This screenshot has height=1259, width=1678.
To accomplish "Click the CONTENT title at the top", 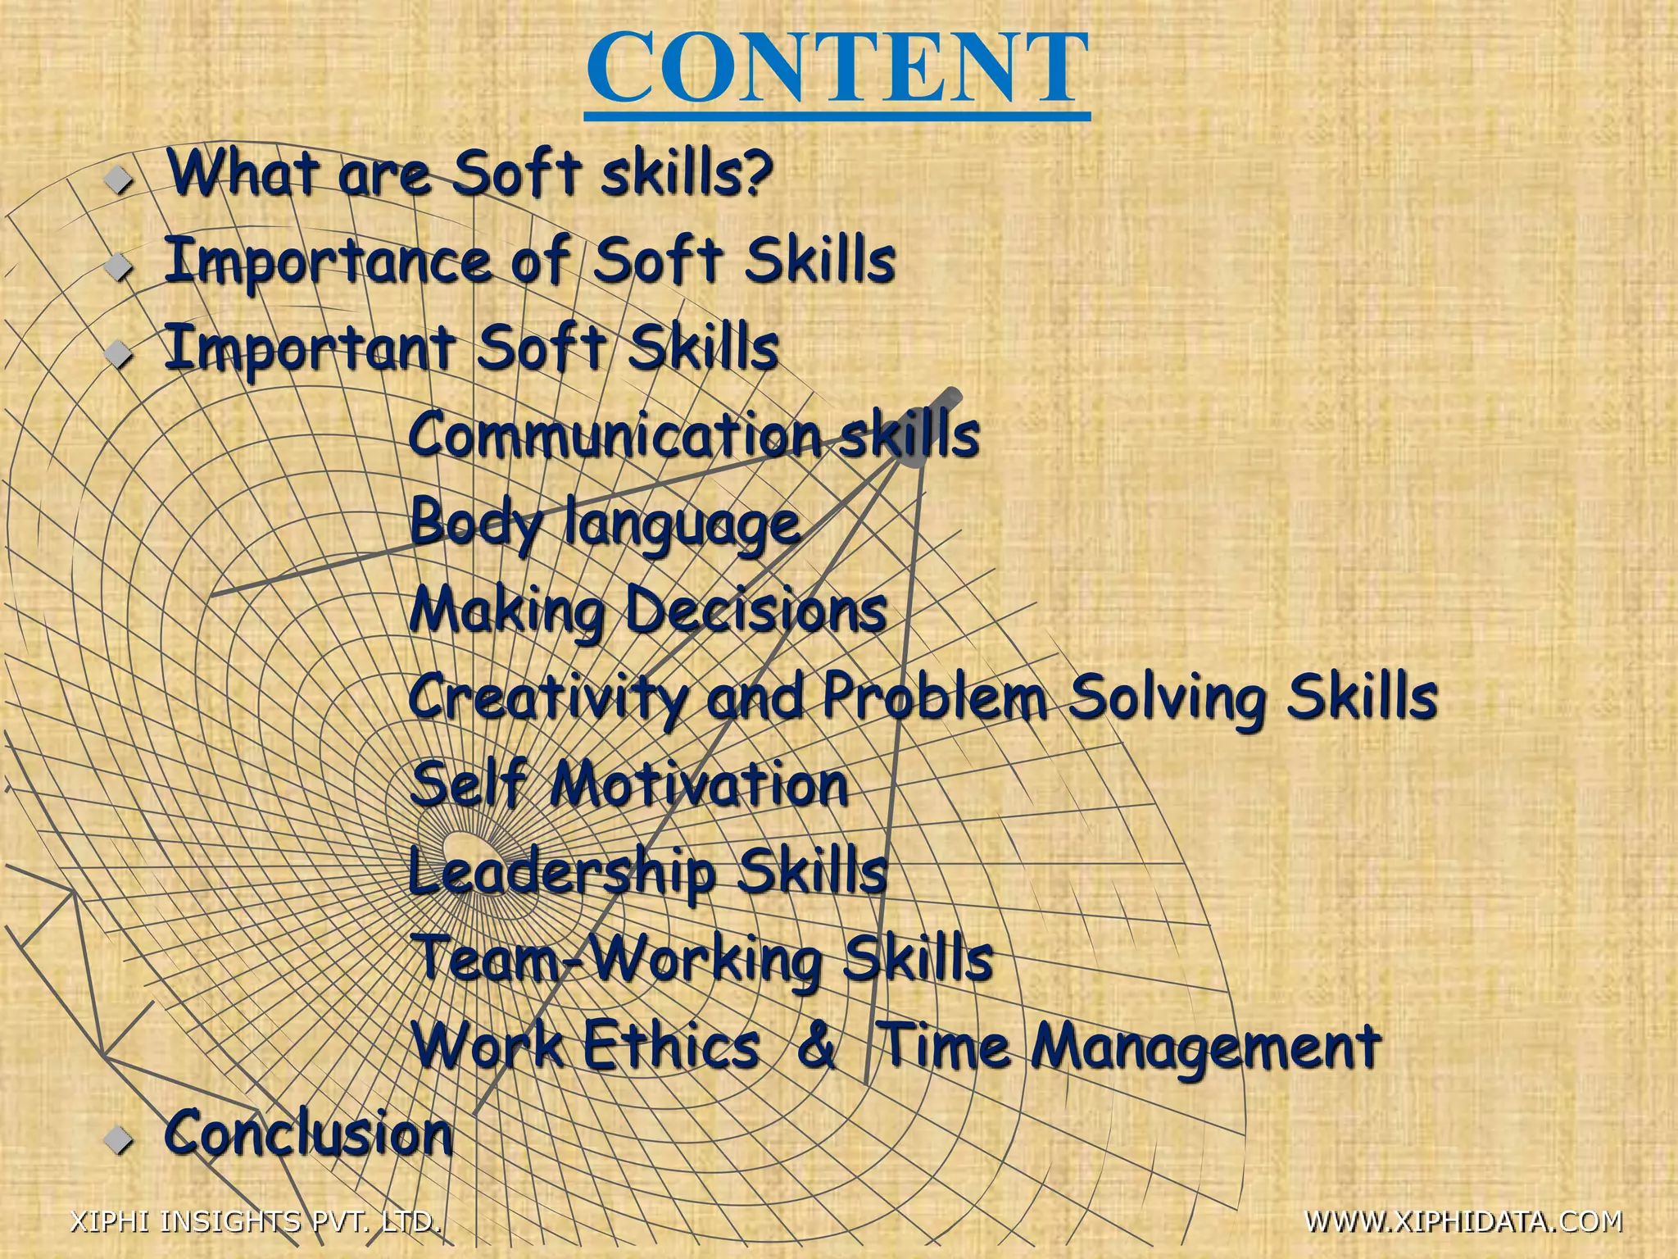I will (x=837, y=69).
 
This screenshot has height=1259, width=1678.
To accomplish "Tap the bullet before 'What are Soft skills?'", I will (x=120, y=177).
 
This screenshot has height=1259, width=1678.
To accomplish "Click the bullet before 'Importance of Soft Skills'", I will (x=120, y=266).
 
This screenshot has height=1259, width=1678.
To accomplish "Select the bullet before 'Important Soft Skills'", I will (x=120, y=352).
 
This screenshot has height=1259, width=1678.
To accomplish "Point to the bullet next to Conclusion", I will (x=120, y=1139).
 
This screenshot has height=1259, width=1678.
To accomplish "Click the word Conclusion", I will (x=308, y=1134).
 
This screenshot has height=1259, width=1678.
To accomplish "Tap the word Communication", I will (x=615, y=434).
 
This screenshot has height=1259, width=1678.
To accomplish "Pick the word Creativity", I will (x=547, y=698).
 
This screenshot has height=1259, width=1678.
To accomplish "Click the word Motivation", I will (x=698, y=785).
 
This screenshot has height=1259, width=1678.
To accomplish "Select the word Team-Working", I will (x=618, y=959).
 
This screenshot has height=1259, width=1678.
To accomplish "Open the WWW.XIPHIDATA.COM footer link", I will (x=1463, y=1220).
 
